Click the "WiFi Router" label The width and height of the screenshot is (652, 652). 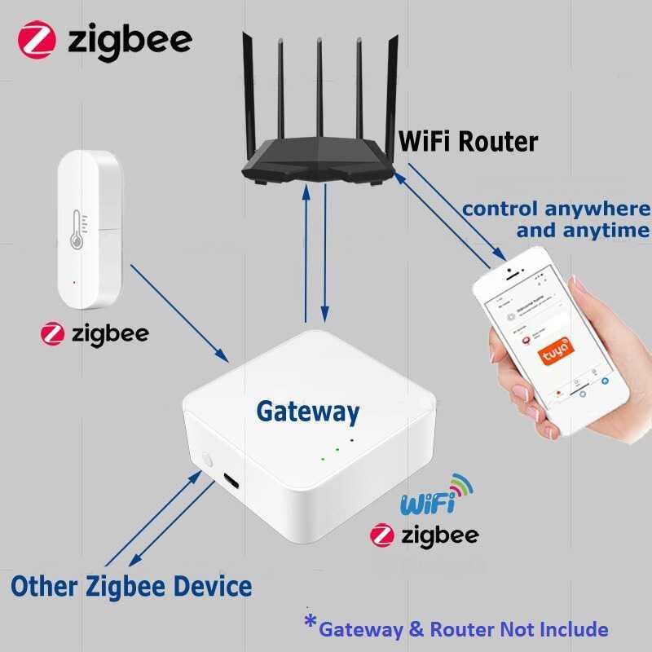pyautogui.click(x=468, y=141)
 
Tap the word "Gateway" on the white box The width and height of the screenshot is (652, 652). pyautogui.click(x=307, y=412)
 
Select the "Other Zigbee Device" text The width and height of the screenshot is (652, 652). pyautogui.click(x=131, y=585)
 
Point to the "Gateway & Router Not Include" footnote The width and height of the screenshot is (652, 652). pyautogui.click(x=463, y=628)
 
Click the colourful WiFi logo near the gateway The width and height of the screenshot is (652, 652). pyautogui.click(x=435, y=495)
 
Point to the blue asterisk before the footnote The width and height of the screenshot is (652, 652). pyautogui.click(x=310, y=623)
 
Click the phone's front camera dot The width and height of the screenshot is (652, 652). pyautogui.click(x=508, y=269)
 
